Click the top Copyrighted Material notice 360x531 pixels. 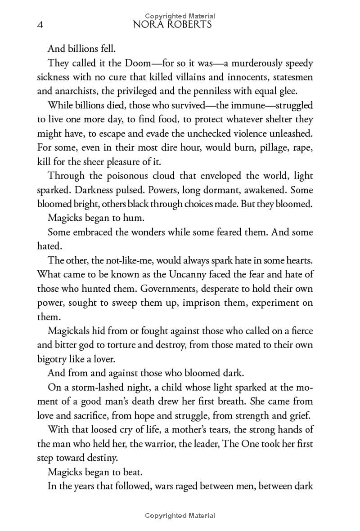coord(180,16)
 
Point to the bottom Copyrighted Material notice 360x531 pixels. coord(180,516)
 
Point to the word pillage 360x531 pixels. coord(269,147)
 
